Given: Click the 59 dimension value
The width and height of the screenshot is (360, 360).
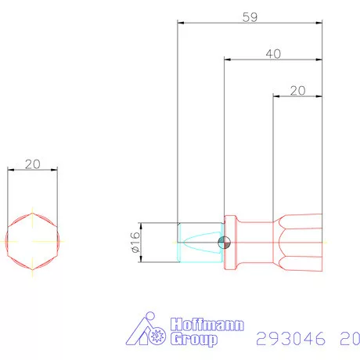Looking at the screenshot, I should click(x=250, y=16).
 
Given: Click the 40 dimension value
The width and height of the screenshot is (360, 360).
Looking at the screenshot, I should click(x=273, y=53).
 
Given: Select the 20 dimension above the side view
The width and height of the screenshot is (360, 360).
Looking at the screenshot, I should click(x=297, y=90).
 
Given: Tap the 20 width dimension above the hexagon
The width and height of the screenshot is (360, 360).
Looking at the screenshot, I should click(x=32, y=164).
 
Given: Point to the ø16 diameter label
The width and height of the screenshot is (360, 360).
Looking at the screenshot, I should click(x=134, y=243).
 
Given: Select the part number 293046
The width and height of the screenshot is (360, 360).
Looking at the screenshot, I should click(x=290, y=339).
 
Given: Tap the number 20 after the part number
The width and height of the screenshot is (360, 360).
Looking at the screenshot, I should click(x=349, y=339).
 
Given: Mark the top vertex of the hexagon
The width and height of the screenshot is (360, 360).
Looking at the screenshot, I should click(x=32, y=213).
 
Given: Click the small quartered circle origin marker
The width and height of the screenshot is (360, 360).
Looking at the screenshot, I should click(x=225, y=242).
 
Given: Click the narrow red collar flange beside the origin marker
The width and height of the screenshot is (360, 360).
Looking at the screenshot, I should click(x=230, y=242).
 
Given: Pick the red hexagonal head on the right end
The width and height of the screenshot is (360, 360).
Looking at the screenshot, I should click(x=297, y=242).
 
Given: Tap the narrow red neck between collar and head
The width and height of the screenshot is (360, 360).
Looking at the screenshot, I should click(x=254, y=242).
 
